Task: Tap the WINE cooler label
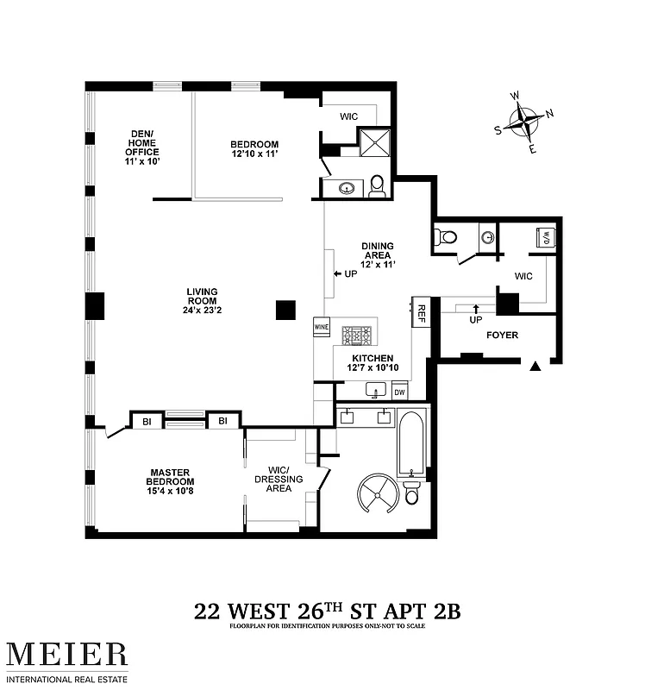[322, 328]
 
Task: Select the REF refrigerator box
[422, 312]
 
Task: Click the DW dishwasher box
[399, 392]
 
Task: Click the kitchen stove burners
[356, 334]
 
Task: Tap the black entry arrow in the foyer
[535, 367]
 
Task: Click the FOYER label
[503, 335]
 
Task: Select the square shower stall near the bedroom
[374, 142]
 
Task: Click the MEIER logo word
[67, 653]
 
